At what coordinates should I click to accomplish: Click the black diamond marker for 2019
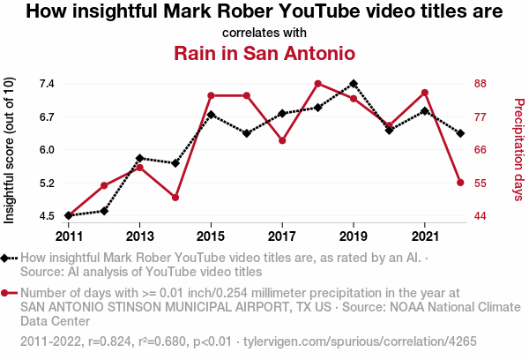point(354,84)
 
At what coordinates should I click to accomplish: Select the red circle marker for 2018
point(317,84)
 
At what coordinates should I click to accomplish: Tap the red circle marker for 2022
point(460,183)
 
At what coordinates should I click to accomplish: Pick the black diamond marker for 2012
point(104,211)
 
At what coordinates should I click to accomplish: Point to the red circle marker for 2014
point(175,198)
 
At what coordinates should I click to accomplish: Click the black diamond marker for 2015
point(211,115)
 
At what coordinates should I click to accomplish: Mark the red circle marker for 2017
point(282,140)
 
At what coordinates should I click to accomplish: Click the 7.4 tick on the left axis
point(47,84)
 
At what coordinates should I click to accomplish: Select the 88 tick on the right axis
point(481,84)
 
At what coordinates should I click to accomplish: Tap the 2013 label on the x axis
point(139,236)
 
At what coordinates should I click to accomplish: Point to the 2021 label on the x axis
point(425,236)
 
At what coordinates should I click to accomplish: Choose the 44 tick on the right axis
point(481,215)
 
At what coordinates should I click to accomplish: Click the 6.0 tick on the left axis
point(47,149)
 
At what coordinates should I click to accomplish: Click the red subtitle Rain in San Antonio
point(264,53)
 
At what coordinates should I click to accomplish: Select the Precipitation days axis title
point(518,149)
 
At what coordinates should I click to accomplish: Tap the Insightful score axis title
point(10,149)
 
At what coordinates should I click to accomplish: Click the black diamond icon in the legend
point(10,258)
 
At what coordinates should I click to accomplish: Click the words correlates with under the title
point(264,33)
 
